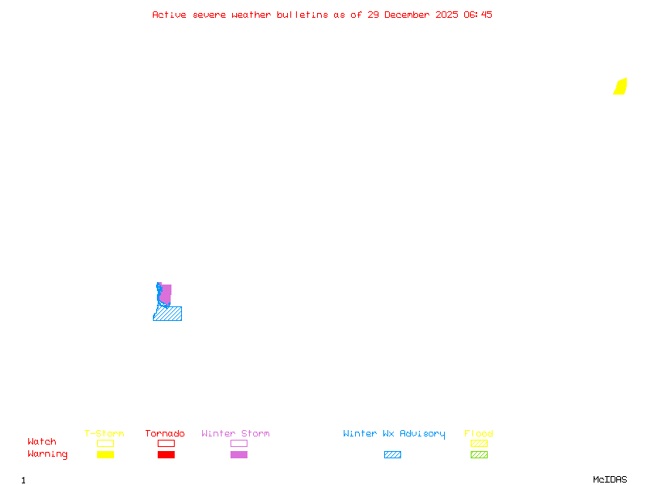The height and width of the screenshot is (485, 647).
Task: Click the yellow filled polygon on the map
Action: click(620, 86)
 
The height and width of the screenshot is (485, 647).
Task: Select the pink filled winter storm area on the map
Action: click(167, 293)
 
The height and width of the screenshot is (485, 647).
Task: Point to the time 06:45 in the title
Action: click(478, 15)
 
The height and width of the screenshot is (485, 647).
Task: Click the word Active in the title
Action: click(169, 15)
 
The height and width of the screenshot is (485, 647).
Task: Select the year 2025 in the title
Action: click(447, 15)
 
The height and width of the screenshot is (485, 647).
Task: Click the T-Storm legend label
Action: click(104, 434)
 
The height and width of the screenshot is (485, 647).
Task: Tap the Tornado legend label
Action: click(165, 434)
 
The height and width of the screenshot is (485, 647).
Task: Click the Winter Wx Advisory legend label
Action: click(394, 434)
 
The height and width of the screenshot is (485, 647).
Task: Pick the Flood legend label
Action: click(479, 434)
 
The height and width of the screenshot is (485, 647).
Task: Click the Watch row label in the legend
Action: click(42, 442)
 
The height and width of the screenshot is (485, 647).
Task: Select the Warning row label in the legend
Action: click(48, 454)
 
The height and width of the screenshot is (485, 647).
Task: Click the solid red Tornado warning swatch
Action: click(166, 455)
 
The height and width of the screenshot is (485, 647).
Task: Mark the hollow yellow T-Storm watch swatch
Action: click(105, 443)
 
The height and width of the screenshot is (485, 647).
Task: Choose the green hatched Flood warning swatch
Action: click(479, 455)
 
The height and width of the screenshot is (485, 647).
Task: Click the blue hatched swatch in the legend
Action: click(392, 455)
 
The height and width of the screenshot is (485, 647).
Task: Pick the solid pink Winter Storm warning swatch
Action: click(239, 455)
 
